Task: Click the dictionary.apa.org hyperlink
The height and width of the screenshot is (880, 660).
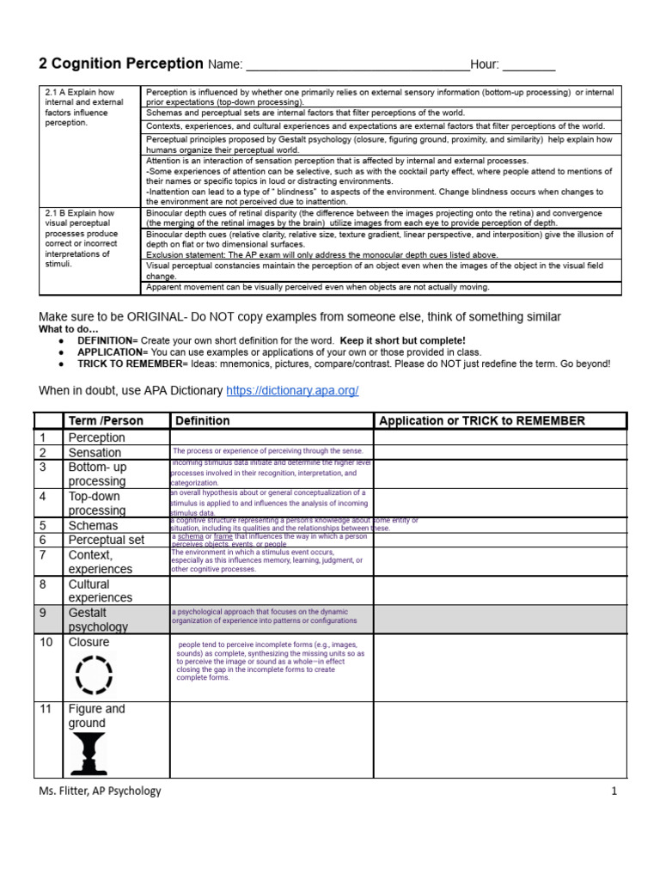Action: [x=292, y=391]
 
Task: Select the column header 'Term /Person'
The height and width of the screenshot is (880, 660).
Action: [x=106, y=421]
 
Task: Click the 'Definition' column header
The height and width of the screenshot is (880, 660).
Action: [x=203, y=421]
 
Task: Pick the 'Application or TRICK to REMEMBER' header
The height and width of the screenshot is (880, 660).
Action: [x=481, y=421]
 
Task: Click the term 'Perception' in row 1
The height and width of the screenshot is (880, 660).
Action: [x=96, y=437]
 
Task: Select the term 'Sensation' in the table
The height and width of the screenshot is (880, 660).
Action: [x=95, y=452]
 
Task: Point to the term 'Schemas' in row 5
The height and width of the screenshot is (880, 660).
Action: [x=93, y=525]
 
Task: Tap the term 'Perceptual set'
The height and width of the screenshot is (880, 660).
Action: [x=107, y=540]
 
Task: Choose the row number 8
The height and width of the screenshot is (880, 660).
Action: [x=43, y=584]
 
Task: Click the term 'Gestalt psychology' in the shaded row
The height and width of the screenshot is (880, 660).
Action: [x=98, y=620]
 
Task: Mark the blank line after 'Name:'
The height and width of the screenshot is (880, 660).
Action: [x=357, y=65]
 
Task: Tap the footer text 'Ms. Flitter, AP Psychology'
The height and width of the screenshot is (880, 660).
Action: [x=100, y=791]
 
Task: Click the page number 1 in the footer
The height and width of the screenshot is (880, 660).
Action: [x=614, y=791]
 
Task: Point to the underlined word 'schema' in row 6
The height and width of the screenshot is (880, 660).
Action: [x=191, y=536]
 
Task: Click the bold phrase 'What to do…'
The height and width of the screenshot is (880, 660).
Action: [x=69, y=329]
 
